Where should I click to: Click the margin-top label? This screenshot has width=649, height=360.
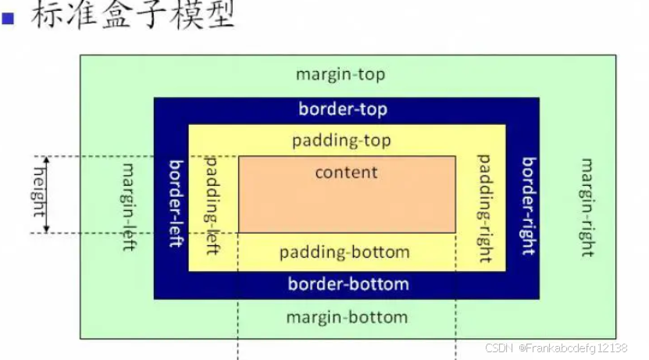(x=341, y=75)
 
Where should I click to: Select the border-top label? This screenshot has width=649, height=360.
(x=343, y=109)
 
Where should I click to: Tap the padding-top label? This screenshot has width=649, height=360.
(x=341, y=141)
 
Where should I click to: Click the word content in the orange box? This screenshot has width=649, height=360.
(x=346, y=172)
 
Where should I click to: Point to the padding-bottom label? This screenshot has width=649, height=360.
(x=344, y=252)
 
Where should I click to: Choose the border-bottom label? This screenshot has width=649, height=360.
(x=348, y=283)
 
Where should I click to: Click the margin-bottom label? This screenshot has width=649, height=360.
(x=347, y=317)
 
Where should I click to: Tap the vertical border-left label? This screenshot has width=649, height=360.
(x=176, y=202)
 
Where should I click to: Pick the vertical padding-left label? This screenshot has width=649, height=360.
(x=211, y=204)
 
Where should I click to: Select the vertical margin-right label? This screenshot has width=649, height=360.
(x=587, y=206)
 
